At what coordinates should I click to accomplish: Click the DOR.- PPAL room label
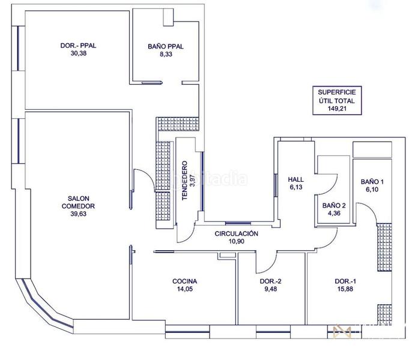coord(78,46)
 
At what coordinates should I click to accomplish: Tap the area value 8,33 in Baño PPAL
coord(166,54)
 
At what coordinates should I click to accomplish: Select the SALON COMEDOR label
coord(78,202)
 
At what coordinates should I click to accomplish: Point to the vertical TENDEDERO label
coord(184,180)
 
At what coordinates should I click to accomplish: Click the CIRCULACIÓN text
coord(237,233)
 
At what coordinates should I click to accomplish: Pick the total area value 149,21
coord(337,109)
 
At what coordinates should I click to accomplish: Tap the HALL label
coord(296,179)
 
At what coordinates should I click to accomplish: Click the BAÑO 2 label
coord(334,205)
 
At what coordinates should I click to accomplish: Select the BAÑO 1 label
coord(372,182)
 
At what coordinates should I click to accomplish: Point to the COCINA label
coord(185,281)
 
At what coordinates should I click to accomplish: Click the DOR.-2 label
coord(271,281)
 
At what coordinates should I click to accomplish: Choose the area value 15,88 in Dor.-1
coord(345,289)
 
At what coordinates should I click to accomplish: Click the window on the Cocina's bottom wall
coord(187,332)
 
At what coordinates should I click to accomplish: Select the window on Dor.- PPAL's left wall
coord(18,48)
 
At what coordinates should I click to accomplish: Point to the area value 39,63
coord(78,214)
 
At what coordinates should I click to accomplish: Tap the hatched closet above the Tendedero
coord(178,124)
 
